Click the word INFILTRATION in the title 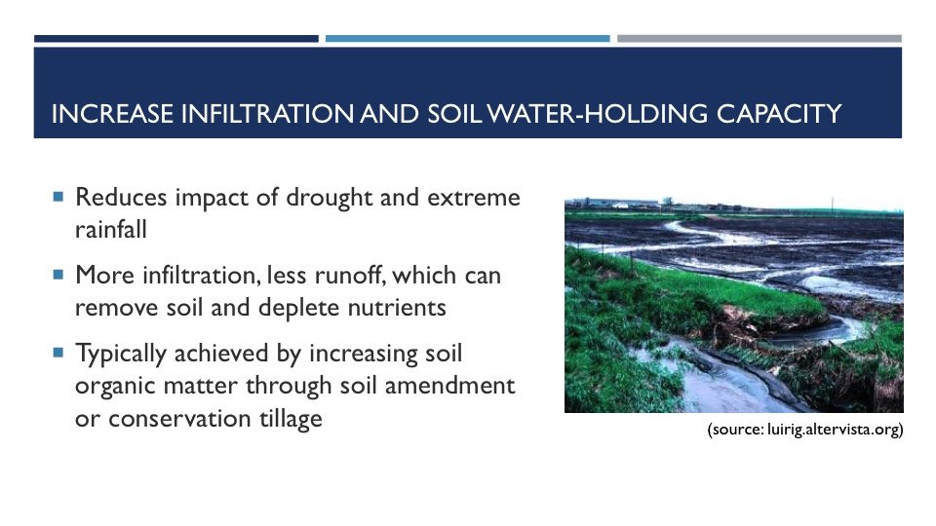(x=267, y=113)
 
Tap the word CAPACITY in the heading (x=779, y=113)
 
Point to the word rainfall (x=111, y=229)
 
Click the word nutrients (x=397, y=308)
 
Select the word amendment (x=449, y=386)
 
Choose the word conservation (x=179, y=419)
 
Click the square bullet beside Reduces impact (x=58, y=196)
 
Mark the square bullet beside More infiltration (x=58, y=275)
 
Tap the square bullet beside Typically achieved (x=58, y=353)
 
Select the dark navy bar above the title (x=176, y=39)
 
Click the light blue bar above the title (x=467, y=39)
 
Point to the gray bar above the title (x=760, y=39)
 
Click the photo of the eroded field (x=733, y=305)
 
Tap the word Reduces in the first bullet (x=121, y=198)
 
